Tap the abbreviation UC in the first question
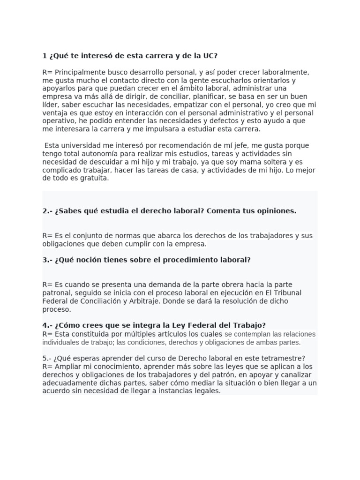(209, 56)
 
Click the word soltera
(268, 162)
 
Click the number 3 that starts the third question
(45, 260)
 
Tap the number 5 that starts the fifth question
(45, 359)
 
